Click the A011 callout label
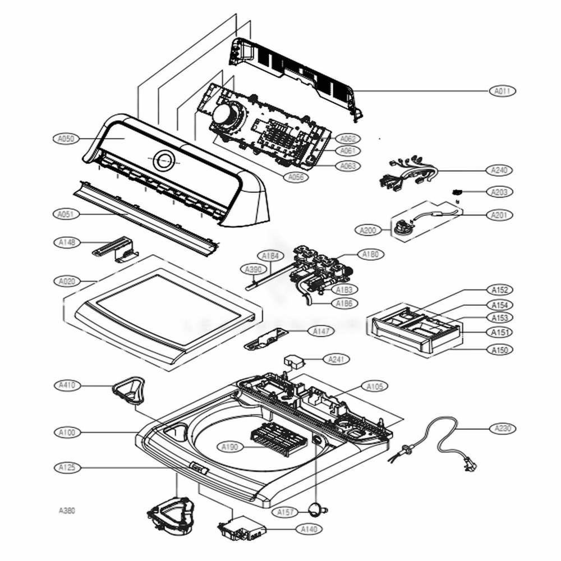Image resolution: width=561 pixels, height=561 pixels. [x=503, y=91]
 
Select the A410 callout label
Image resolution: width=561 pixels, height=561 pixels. [x=67, y=385]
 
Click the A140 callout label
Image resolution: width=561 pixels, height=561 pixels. [x=310, y=528]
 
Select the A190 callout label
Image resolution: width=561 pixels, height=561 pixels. [x=230, y=447]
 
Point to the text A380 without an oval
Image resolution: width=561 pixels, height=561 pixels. [x=67, y=511]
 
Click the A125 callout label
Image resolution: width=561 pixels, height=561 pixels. [x=66, y=467]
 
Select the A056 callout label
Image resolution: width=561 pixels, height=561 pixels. [x=296, y=177]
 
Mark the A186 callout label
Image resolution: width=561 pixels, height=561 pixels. [x=344, y=303]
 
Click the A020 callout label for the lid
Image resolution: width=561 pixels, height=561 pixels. [x=67, y=281]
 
